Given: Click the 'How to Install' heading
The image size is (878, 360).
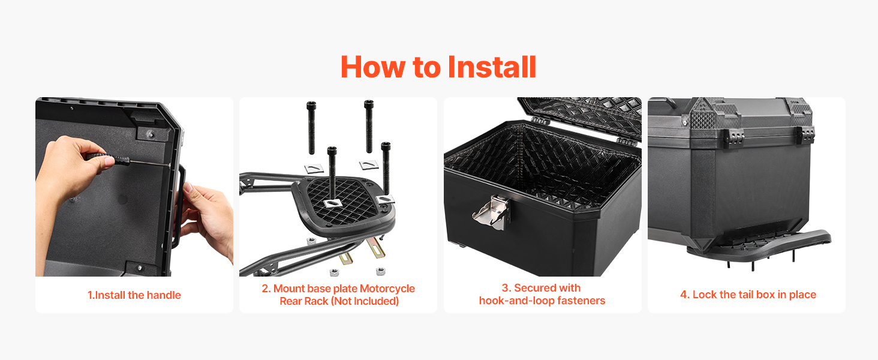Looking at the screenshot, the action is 438,67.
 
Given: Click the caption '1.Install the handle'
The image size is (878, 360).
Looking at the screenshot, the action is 134,295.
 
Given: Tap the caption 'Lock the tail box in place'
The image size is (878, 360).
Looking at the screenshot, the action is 754,295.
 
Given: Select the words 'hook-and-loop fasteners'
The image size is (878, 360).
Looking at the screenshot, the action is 542,301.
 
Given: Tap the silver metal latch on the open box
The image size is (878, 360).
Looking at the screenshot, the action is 492,212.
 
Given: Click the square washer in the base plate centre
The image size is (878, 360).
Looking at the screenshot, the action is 332,203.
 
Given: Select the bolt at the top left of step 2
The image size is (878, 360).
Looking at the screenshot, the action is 312,127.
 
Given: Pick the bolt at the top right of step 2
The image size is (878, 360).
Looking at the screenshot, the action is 368,126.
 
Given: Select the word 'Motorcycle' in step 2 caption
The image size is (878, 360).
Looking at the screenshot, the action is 387,289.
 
